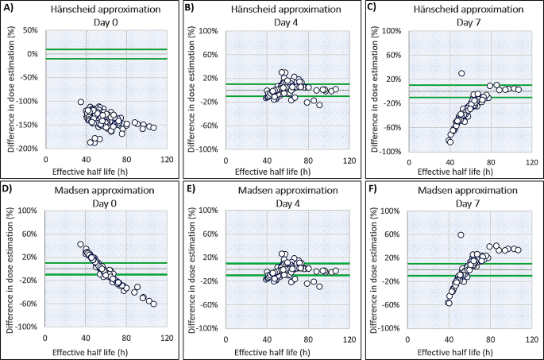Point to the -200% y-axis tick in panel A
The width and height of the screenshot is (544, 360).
pos(29,149)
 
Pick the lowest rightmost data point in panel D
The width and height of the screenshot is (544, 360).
pos(153,304)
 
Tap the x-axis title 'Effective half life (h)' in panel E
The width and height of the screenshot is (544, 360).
pos(267,350)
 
